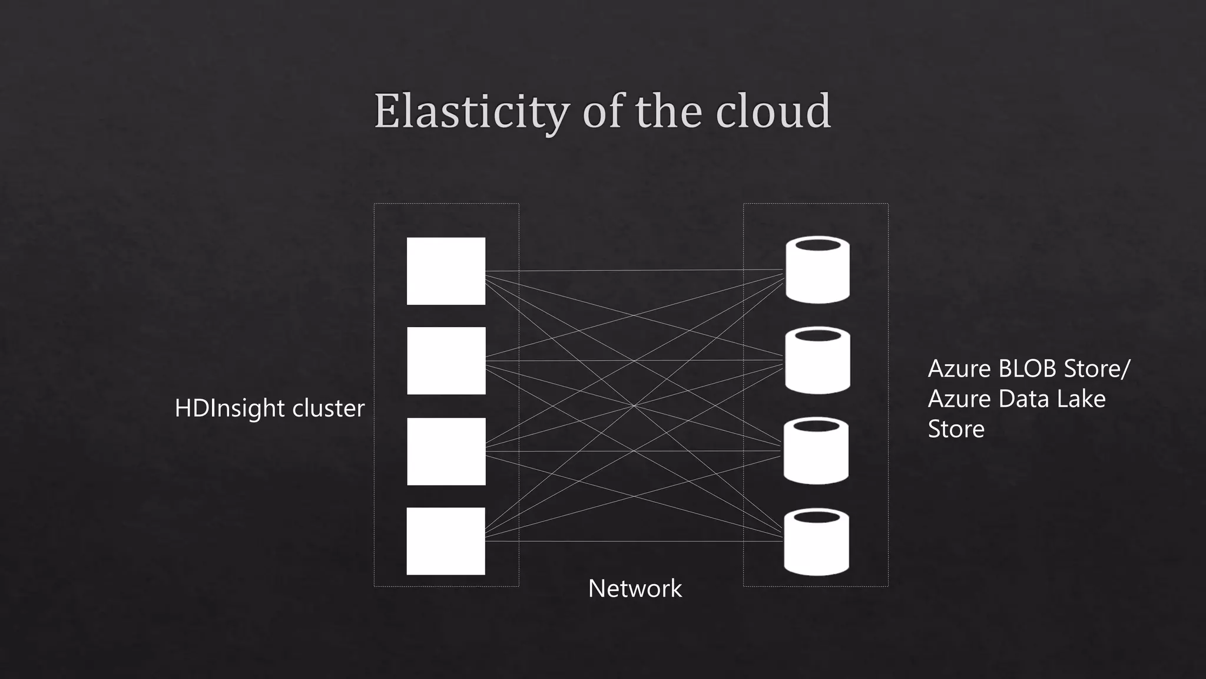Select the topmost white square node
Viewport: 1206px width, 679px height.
(x=446, y=271)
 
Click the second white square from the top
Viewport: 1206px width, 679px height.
(x=446, y=361)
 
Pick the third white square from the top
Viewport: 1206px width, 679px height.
(x=446, y=451)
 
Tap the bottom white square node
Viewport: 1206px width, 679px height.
(x=446, y=541)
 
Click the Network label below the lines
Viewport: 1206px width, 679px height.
(x=635, y=589)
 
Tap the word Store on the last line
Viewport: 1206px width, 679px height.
(x=956, y=429)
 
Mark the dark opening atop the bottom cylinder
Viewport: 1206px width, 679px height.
(x=816, y=517)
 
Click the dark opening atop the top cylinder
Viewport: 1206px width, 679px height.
(x=817, y=245)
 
